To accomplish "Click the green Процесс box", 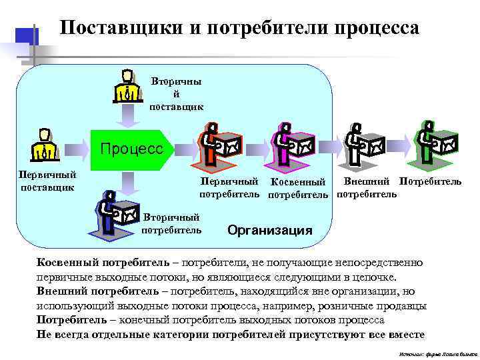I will tap(131, 149).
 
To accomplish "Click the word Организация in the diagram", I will tap(269, 231).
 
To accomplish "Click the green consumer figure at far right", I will tap(435, 141).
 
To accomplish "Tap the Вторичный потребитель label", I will tap(171, 224).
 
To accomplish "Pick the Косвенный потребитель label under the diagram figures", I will tap(297, 188).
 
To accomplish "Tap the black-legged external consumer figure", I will tap(363, 143).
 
